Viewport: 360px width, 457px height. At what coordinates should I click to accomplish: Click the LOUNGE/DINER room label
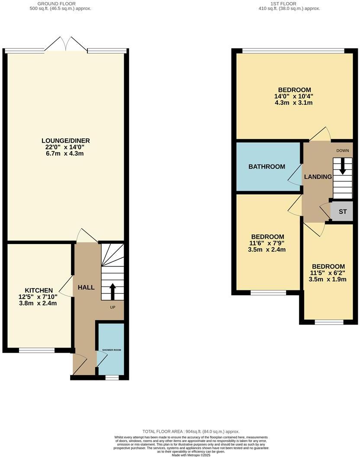65,141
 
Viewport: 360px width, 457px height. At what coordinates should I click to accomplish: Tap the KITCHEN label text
39,290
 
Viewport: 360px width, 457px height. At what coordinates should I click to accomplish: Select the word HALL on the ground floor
86,287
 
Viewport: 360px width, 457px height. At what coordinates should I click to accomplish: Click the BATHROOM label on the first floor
267,167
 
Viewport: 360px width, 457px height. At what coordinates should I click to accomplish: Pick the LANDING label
318,177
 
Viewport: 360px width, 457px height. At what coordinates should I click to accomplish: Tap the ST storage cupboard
343,212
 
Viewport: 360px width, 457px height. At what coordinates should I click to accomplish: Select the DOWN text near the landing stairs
343,151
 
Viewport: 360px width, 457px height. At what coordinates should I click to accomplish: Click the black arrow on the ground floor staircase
112,291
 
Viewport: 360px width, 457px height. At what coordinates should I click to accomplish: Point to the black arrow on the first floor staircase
343,167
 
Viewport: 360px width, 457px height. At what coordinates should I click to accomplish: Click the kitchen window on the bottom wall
37,350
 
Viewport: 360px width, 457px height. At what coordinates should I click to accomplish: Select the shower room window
112,377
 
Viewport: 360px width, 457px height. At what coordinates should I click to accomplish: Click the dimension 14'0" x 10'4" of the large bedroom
293,96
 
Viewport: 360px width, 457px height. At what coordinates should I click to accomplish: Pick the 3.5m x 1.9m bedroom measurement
328,279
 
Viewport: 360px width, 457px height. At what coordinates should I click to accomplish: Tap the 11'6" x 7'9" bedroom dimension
268,243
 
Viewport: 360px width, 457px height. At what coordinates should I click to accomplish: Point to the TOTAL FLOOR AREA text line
191,431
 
